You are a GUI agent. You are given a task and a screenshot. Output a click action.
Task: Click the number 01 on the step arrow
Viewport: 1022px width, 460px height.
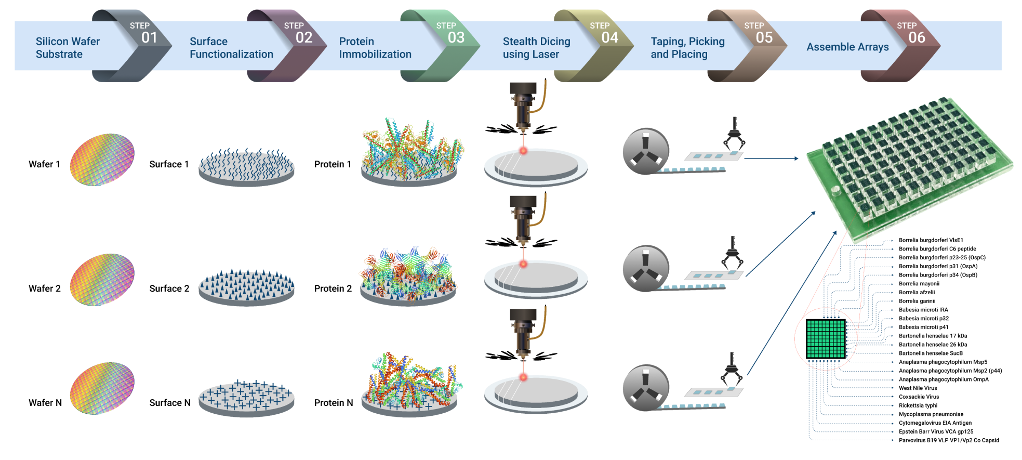pos(149,37)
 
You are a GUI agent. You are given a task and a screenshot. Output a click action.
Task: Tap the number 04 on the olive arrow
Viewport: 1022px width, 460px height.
pos(609,37)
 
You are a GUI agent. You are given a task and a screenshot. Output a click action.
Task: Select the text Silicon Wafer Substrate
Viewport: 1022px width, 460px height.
pos(68,48)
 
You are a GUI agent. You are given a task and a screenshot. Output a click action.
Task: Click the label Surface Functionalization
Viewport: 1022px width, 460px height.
pos(231,48)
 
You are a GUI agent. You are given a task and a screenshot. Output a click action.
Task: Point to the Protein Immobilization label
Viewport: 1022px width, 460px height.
pos(375,48)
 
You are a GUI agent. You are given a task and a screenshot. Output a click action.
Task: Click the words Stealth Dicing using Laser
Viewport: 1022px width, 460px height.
pos(536,48)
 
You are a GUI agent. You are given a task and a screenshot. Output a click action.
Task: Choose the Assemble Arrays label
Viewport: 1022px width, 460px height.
pos(847,47)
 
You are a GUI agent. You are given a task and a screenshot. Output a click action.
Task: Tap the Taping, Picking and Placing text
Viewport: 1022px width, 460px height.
pos(687,48)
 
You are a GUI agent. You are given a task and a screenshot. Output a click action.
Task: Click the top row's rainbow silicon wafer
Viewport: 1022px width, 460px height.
pos(102,160)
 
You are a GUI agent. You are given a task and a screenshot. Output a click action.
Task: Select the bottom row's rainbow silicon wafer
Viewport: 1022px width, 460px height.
pos(102,388)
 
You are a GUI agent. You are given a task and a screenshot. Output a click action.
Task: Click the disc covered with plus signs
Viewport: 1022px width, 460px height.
pos(246,398)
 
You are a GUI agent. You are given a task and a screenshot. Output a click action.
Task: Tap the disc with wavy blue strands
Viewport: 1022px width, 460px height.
pos(246,167)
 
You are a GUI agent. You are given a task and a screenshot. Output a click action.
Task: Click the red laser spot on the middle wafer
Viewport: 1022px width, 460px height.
pos(523,264)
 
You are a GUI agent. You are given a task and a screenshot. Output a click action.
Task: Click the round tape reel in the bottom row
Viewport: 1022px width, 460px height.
pos(645,388)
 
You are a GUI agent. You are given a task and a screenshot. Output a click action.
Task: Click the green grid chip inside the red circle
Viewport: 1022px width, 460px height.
pos(826,339)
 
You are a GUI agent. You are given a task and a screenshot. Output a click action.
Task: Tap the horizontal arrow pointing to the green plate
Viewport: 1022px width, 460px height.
pos(771,159)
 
